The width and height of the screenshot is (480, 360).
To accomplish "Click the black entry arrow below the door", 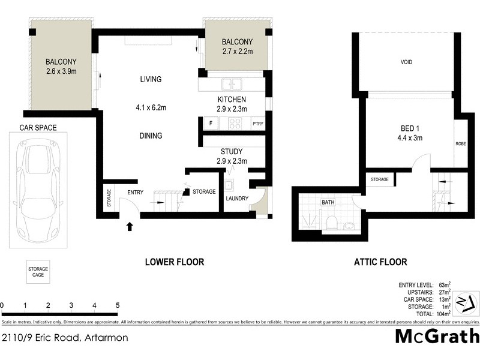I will tap(130, 226).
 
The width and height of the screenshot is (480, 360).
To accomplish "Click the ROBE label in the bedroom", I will tap(461, 144).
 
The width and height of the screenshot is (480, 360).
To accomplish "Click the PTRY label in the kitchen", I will tap(258, 125).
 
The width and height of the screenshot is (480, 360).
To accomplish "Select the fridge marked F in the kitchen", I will tap(211, 125).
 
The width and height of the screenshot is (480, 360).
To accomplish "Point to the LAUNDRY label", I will tap(237, 199).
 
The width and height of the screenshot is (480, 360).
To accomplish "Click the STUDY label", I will tap(232, 151).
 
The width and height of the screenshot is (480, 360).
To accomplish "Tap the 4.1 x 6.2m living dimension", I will tap(151, 108).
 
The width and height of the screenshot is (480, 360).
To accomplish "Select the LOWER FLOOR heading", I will tap(175, 262).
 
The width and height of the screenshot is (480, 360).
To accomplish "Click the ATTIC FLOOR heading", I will tap(380, 262).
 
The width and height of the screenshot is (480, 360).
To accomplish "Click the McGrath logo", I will tap(437, 336).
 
